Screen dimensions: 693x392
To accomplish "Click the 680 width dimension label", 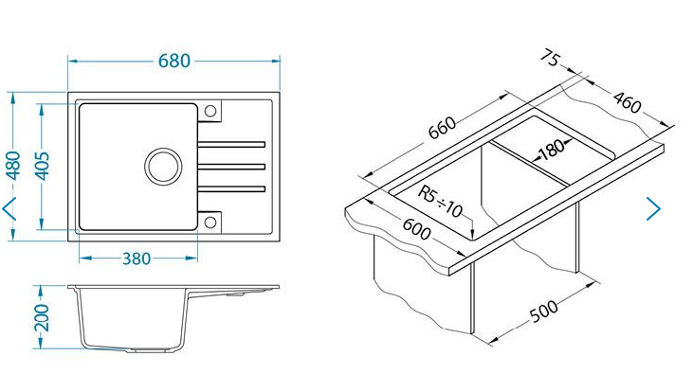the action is pos(174,61).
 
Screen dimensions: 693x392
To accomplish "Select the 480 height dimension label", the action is pos(13,166).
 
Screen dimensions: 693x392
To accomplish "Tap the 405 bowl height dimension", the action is pos(42,166).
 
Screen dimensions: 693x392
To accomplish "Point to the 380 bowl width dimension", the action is pos(137,258).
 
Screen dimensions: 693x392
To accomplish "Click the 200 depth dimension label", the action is pos(42,317).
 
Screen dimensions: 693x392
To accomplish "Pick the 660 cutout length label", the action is pos(442,127).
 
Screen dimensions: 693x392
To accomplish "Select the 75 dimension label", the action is pos(551,58).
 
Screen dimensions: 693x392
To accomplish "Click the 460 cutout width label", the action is pos(627,101).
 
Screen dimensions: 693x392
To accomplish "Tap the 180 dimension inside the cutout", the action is pos(551,150).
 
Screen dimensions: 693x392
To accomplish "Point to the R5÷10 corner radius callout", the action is pos(440,203).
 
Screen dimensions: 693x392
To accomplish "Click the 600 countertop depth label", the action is pos(416,229).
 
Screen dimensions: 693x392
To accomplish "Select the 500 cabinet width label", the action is pos(543,311).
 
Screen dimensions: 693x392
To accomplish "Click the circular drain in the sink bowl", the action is pos(163,167).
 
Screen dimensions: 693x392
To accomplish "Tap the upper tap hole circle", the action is pos(210,111).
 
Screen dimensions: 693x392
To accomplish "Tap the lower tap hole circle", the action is pos(210,223).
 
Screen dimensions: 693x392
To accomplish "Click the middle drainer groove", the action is pos(231,167).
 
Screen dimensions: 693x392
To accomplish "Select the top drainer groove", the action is pos(231,144).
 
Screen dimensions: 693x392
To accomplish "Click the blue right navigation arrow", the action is pos(653,208).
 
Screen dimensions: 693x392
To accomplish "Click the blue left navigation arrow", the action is pos(9,208).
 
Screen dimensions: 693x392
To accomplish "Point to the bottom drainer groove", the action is pos(231,189).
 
